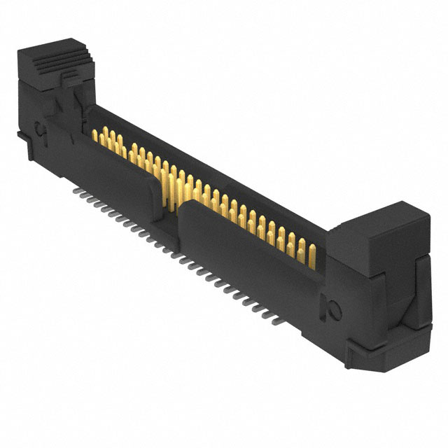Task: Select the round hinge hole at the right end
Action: (x=332, y=307)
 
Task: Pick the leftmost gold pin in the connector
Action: (x=95, y=134)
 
